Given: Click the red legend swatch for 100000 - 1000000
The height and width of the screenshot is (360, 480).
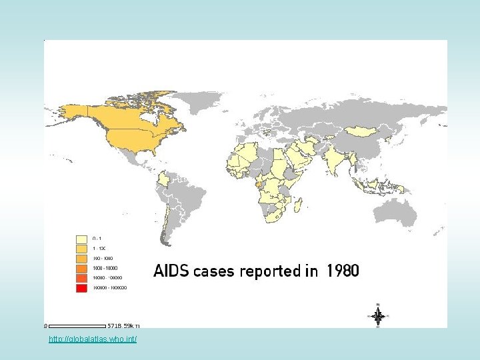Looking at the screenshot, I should tap(82, 288).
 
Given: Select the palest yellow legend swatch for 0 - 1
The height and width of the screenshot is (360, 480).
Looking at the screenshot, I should tap(82, 238).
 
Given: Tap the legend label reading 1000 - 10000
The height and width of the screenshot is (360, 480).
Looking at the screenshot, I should tap(104, 268).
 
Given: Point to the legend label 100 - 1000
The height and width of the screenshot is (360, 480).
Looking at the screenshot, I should tap(102, 258).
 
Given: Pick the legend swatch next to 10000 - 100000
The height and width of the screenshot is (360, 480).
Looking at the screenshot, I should tap(82, 278).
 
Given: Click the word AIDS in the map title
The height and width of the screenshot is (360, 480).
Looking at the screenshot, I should tap(171, 271).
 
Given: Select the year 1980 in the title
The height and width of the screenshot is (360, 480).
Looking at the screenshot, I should tap(343, 271).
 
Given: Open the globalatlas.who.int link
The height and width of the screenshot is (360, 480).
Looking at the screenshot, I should tap(93, 340).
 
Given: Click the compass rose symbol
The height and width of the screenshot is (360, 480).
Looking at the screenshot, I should tap(377, 316).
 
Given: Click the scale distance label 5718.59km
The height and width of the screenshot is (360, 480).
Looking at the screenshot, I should tap(124, 326).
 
